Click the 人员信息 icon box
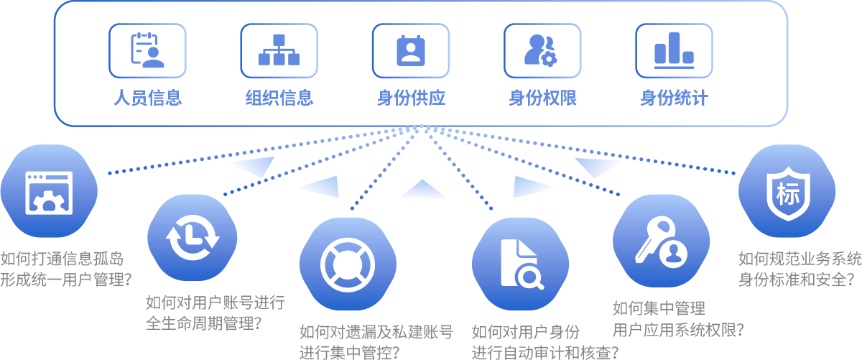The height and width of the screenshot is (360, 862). tap(147, 50)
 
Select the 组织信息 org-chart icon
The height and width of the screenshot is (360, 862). tap(279, 50)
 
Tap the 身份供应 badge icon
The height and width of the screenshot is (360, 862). tap(411, 50)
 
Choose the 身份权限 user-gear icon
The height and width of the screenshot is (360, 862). tap(542, 50)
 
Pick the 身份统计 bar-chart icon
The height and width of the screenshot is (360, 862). tap(674, 50)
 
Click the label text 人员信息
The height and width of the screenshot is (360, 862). tap(147, 98)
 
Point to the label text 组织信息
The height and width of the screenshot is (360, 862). tap(279, 98)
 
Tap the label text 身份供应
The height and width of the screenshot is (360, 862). tap(411, 98)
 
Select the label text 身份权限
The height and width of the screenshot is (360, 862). tap(542, 98)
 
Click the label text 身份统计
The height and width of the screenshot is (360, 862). tap(674, 98)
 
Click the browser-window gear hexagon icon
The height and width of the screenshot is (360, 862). tap(49, 192)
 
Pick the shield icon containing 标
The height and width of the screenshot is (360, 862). tap(787, 193)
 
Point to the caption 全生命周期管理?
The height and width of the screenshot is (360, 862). tap(203, 323)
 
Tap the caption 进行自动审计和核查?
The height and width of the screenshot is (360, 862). tap(545, 352)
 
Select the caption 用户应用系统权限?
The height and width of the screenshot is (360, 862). tap(678, 330)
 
